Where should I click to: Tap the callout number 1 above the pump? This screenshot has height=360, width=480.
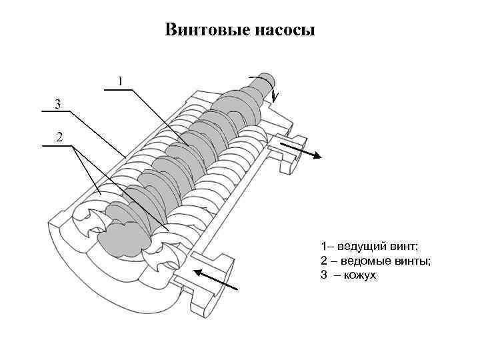(x=120, y=81)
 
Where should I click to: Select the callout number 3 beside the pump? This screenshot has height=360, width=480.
(x=58, y=104)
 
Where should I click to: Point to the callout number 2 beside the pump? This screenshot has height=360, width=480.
(x=59, y=138)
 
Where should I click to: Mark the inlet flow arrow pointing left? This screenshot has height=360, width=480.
(x=215, y=279)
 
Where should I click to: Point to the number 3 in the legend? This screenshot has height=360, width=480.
(x=323, y=274)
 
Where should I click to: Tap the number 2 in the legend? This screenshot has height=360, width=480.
(x=323, y=261)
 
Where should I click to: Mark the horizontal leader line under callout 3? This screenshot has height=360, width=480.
(x=56, y=111)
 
